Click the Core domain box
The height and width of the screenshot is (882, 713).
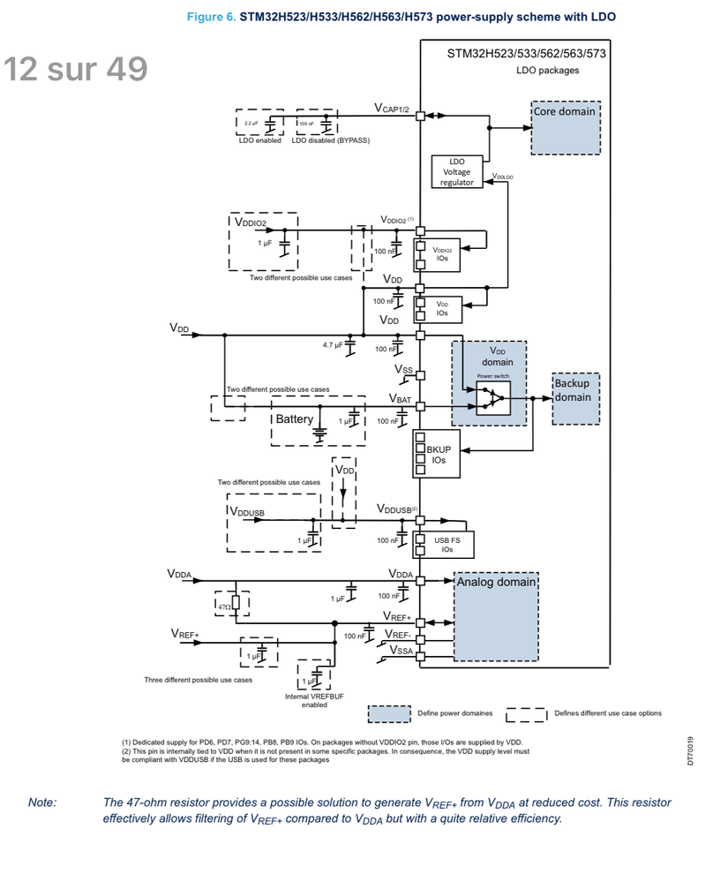pos(566,128)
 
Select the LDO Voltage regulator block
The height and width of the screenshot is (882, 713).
pos(456,172)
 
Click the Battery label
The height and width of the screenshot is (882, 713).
pos(294,418)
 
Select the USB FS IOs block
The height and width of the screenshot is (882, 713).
pos(447,544)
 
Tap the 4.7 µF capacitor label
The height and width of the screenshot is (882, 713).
pos(334,345)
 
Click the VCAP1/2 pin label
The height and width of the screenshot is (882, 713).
pos(393,109)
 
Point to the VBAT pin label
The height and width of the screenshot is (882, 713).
pos(400,400)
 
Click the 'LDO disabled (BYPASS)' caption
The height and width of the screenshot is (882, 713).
pos(330,140)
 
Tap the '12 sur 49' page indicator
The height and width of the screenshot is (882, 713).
pos(75,69)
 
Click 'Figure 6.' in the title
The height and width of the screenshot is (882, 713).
pos(211,17)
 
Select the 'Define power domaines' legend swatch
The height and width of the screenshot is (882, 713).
pos(389,713)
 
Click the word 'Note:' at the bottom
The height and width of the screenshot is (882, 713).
pos(42,803)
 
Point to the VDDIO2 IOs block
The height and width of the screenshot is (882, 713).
pos(441,254)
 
